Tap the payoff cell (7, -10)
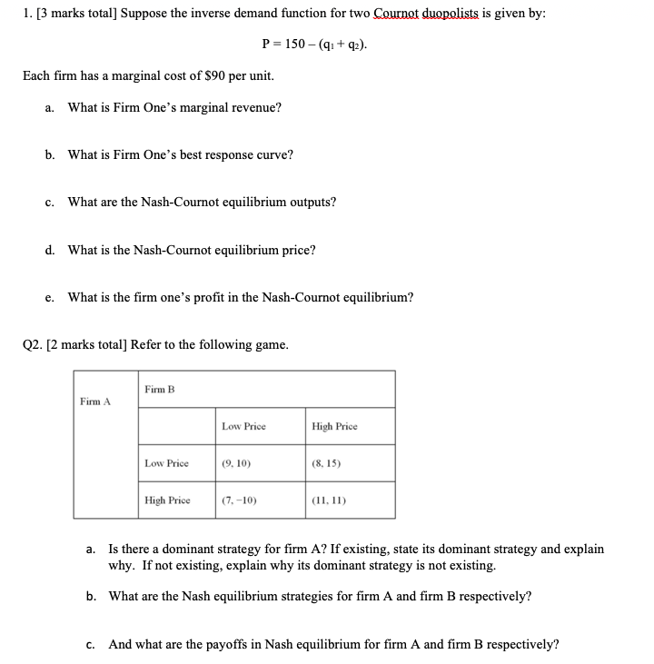240,500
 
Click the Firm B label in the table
159,389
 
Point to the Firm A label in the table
94,401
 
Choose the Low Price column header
243,426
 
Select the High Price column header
334,426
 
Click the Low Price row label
166,463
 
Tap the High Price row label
167,500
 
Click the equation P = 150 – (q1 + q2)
315,44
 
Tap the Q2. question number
33,344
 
